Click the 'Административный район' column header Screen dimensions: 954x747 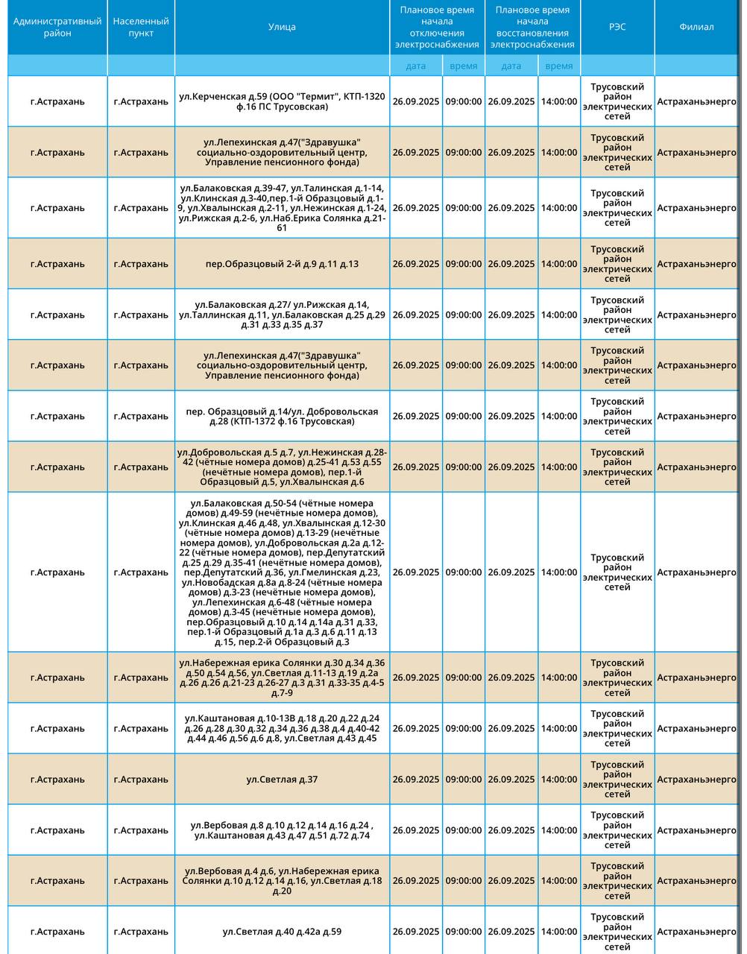click(x=57, y=27)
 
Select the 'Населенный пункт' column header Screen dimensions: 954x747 click(x=141, y=27)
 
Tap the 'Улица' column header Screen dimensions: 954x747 click(x=282, y=27)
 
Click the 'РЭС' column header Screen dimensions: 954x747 click(x=617, y=27)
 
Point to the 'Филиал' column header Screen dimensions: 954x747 click(x=696, y=27)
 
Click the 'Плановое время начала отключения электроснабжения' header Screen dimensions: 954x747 click(x=437, y=27)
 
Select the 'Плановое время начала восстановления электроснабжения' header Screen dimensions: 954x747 click(x=532, y=27)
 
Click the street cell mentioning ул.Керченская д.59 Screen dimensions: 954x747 click(x=282, y=101)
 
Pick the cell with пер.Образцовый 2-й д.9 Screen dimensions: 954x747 click(x=282, y=264)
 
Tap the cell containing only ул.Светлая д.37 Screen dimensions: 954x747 click(x=282, y=780)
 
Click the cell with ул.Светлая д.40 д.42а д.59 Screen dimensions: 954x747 click(x=282, y=932)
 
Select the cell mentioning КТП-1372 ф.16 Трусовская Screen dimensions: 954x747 click(x=282, y=417)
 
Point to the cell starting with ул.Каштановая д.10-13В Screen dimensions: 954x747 click(x=282, y=728)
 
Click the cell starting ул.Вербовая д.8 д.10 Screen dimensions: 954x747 click(x=282, y=830)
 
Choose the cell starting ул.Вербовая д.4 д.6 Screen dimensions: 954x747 click(x=282, y=881)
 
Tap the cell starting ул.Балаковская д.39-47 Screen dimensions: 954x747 click(x=282, y=208)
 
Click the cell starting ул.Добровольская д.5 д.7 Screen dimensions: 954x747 click(x=282, y=467)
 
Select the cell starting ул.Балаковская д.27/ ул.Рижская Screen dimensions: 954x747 click(x=282, y=315)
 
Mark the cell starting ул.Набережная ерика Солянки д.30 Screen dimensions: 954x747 click(x=282, y=677)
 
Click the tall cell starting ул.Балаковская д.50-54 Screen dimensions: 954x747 click(x=282, y=572)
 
